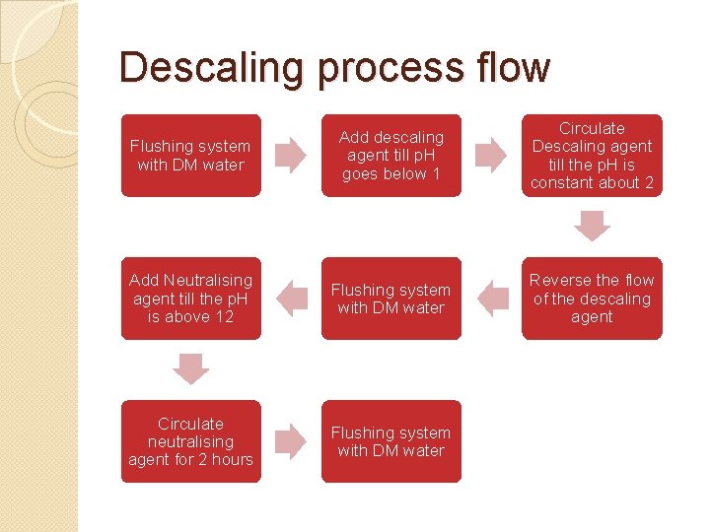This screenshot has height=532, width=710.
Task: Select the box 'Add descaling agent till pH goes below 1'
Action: tap(391, 156)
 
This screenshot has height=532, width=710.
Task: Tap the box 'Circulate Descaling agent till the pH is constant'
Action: tap(592, 156)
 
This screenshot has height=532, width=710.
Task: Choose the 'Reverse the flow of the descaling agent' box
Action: tap(592, 299)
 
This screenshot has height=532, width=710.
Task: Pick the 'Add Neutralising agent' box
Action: tap(191, 299)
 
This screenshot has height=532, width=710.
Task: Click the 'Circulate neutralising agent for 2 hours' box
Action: tap(191, 441)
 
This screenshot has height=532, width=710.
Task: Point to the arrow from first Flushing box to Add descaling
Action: tap(291, 156)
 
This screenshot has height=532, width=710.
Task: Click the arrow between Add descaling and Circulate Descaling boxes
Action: tap(491, 156)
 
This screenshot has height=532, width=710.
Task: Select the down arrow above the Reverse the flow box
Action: tap(592, 227)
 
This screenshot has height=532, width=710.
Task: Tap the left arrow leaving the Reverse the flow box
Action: tap(491, 299)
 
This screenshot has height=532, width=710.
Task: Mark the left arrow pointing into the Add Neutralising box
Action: tap(291, 299)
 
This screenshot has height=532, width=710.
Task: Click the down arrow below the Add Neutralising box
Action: tap(191, 369)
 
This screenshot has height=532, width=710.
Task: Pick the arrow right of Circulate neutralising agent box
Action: tap(291, 441)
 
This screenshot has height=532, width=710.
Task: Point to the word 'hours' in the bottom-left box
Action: tap(233, 460)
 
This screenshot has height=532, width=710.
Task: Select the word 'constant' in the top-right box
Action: tap(563, 183)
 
